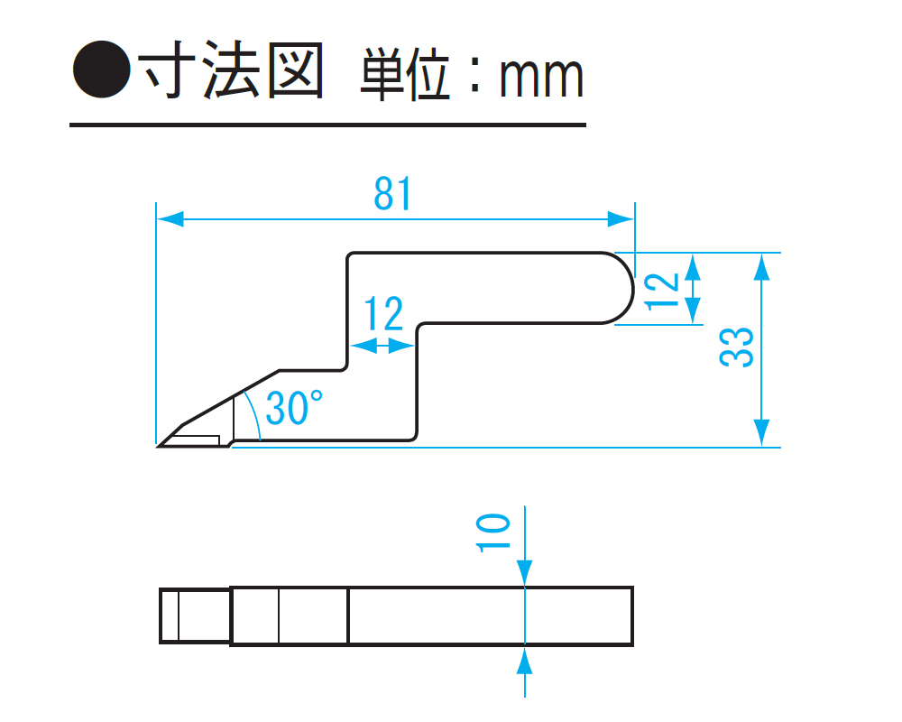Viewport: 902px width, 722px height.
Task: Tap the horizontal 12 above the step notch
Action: [384, 315]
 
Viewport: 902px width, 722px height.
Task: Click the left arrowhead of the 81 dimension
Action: [170, 219]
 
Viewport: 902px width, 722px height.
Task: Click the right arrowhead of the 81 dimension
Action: [621, 219]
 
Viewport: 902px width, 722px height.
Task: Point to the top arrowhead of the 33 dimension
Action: [763, 265]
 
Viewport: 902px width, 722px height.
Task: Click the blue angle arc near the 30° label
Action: [254, 415]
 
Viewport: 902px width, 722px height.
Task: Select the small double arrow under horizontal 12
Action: [382, 344]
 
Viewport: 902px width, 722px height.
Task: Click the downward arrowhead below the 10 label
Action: [524, 570]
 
